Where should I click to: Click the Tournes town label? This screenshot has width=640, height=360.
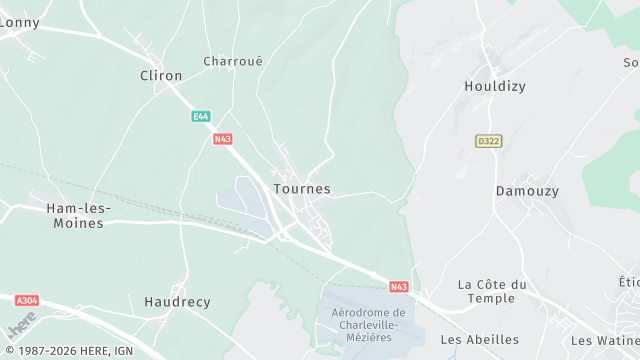(301, 189)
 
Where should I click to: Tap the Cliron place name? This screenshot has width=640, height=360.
(161, 76)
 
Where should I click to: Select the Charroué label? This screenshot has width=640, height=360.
(233, 61)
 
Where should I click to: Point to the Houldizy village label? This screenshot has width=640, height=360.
(494, 86)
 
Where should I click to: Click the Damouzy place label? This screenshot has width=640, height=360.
(527, 190)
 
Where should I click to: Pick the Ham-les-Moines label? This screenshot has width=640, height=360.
(75, 215)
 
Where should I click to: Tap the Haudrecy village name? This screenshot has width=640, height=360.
(177, 301)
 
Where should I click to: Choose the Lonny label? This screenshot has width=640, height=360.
(19, 22)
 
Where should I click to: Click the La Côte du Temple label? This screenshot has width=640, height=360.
(492, 291)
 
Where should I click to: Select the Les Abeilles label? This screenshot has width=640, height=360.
(480, 339)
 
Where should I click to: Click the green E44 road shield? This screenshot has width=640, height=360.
(201, 117)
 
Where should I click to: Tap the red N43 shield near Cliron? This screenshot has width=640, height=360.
(223, 139)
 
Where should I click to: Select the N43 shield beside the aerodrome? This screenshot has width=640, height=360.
(399, 287)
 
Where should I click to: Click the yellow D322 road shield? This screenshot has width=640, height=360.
(487, 141)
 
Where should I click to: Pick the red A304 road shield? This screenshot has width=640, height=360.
(27, 300)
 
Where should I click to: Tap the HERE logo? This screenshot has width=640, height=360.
(21, 324)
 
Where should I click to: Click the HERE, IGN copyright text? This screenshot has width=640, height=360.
(67, 351)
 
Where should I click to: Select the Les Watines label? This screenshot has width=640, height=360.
(604, 340)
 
